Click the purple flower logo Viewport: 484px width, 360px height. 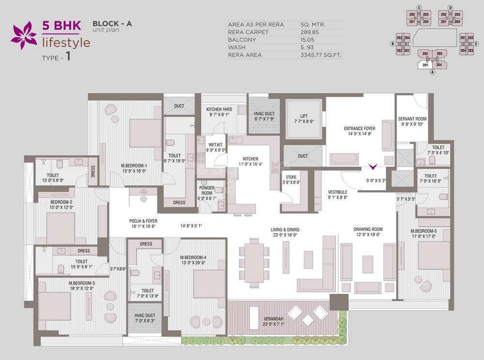click(24, 35)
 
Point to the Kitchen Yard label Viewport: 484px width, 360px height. click(219, 109)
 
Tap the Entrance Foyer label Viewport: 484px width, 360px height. click(361, 128)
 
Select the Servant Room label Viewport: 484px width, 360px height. click(412, 119)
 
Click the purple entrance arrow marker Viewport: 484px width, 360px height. click(373, 167)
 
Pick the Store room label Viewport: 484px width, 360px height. click(291, 177)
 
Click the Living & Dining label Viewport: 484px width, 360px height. click(285, 229)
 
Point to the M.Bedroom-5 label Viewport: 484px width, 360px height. click(423, 231)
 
